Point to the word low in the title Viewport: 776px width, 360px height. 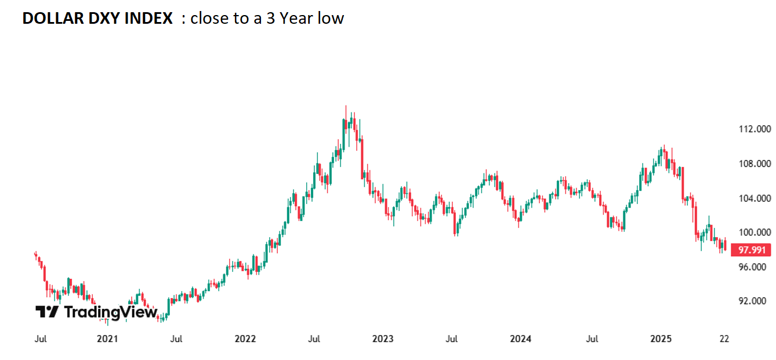332,19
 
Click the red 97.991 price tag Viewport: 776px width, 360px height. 751,250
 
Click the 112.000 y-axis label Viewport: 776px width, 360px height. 752,129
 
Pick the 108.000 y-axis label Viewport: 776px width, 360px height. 752,164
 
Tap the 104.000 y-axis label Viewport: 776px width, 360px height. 752,198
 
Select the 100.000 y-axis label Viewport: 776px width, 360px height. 752,232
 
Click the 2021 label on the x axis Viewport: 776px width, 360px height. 107,339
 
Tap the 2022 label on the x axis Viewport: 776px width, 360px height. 245,339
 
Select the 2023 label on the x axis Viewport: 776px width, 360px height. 383,339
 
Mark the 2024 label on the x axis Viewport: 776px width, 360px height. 521,339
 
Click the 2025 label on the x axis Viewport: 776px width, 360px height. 661,339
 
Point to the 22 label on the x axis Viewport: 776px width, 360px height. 724,339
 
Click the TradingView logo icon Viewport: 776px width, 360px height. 47,312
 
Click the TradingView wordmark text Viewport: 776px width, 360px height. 110,312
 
